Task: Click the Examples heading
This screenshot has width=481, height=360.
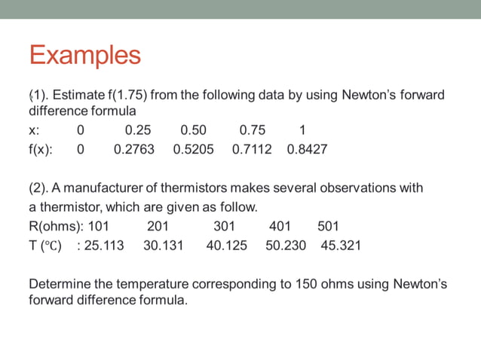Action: point(84,55)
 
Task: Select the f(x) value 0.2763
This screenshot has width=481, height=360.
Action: point(133,149)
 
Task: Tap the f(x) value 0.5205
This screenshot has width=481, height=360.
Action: point(193,149)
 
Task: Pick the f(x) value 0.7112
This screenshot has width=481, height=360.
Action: point(252,149)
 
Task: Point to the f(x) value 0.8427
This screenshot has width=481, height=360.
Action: point(307,149)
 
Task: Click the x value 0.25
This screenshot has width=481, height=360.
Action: point(137,130)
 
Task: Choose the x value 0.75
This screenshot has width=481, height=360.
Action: point(252,130)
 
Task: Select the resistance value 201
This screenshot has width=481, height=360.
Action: point(158,226)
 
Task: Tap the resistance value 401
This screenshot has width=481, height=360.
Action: point(280,226)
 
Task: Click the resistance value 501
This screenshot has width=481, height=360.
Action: point(328,226)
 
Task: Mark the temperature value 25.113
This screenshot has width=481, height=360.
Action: point(104,246)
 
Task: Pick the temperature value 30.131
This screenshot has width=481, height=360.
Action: point(163,246)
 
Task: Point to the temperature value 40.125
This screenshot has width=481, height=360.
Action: point(226,246)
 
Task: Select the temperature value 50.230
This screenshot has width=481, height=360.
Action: point(286,246)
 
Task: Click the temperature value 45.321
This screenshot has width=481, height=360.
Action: point(341,246)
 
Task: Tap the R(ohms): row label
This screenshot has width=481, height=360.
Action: point(57,226)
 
